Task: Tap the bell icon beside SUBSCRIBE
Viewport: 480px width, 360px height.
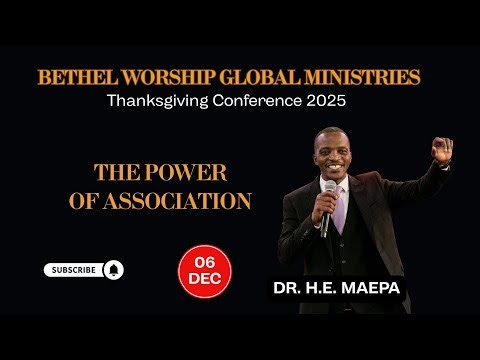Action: point(112,269)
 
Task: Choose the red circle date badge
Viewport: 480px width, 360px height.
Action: point(200,270)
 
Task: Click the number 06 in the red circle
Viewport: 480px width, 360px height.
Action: point(200,262)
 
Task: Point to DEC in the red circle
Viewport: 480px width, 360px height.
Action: point(200,279)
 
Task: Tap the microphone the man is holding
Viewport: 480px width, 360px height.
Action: point(329,193)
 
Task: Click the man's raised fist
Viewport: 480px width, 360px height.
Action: point(441,149)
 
